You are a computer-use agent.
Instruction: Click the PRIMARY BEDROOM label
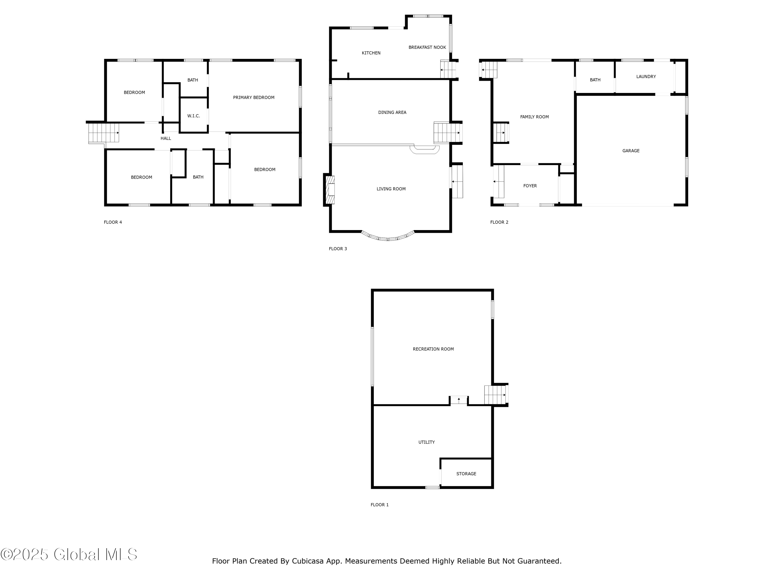coord(254,97)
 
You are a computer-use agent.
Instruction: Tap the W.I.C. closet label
coord(193,116)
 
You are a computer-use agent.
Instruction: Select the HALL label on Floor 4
coord(166,138)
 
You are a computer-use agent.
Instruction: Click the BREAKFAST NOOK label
coord(427,47)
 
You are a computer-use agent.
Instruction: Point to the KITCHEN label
coord(371,53)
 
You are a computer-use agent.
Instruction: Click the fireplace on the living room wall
coord(330,190)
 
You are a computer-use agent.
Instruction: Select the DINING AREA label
coord(392,112)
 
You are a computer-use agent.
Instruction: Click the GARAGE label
coord(631,151)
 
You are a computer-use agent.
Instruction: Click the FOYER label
coord(530,186)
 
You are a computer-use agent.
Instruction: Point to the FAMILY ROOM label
coord(534,117)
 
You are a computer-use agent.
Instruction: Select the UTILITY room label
coord(426,442)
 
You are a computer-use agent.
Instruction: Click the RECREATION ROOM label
coord(433,349)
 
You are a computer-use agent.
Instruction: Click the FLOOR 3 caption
coord(338,249)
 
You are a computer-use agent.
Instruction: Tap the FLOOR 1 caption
coord(379,505)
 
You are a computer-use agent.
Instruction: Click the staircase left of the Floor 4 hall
coord(103,133)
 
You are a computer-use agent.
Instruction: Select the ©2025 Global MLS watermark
coord(69,554)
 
